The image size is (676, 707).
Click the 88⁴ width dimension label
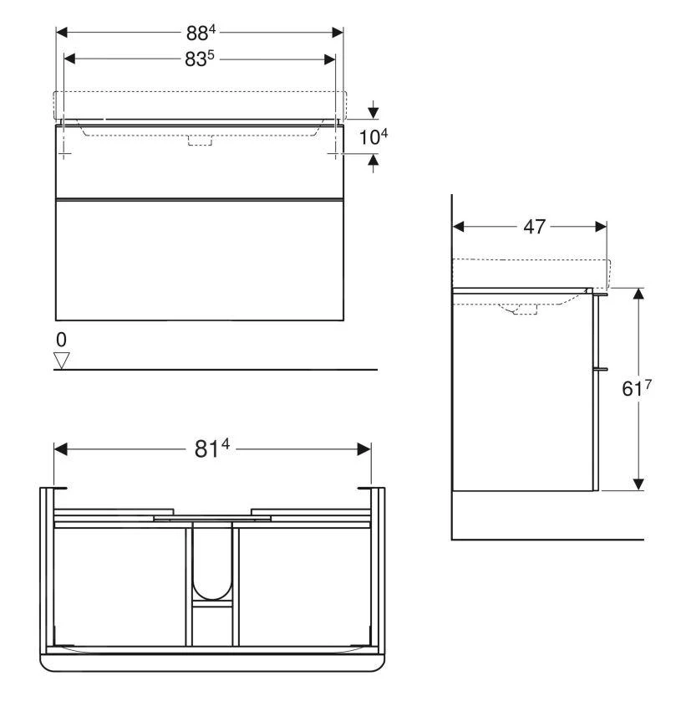(201, 33)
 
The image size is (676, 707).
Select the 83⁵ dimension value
(201, 60)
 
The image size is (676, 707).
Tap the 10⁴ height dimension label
(374, 136)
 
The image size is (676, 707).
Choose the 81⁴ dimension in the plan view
(212, 449)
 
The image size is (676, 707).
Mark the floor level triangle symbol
(60, 360)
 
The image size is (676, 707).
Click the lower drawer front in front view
(200, 260)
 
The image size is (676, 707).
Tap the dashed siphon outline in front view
(200, 140)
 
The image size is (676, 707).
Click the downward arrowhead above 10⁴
(374, 111)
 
